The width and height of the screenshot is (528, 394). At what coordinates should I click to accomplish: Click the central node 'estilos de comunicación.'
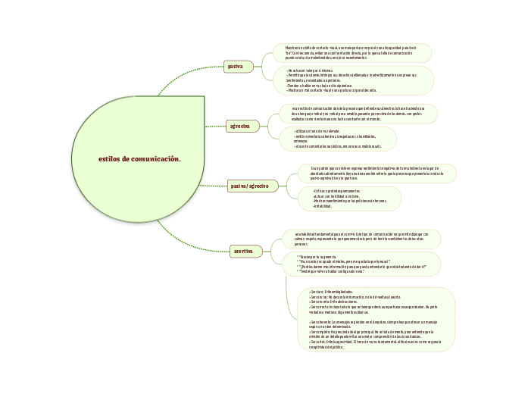point(139,159)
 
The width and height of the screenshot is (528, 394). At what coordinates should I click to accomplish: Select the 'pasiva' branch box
point(236,67)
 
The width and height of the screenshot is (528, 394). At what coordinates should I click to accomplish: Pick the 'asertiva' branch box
point(245,251)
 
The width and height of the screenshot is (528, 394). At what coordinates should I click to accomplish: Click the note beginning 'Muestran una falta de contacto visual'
point(352,52)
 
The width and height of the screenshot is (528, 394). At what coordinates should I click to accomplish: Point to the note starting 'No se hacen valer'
point(353,80)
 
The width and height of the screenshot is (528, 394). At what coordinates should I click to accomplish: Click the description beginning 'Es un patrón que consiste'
point(376,173)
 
